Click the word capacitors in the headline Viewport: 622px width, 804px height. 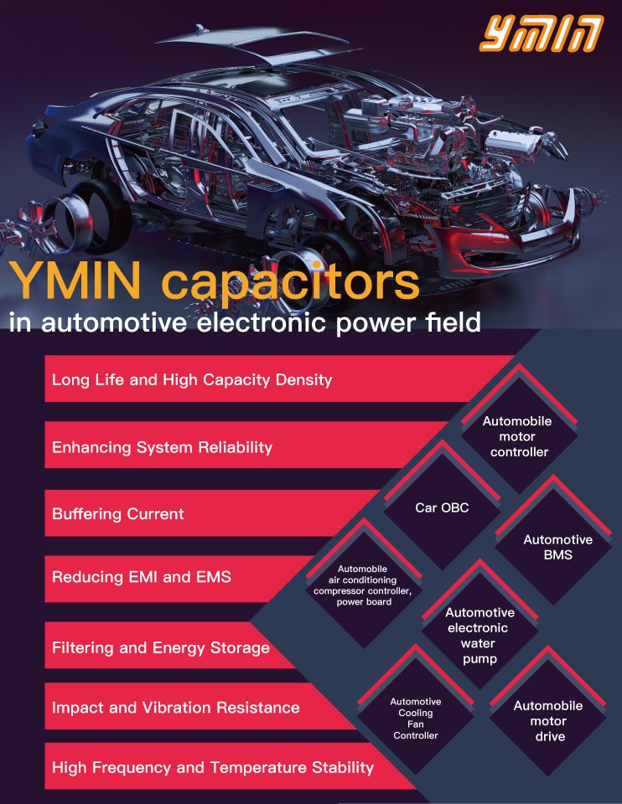pyautogui.click(x=289, y=284)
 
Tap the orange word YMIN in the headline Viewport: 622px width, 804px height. pyautogui.click(x=80, y=284)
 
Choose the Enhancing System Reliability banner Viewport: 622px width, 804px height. pyautogui.click(x=163, y=447)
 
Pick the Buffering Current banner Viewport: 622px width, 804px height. pyautogui.click(x=118, y=513)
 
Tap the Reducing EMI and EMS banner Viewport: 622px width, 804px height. pyautogui.click(x=142, y=577)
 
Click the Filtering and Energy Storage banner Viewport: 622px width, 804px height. pyautogui.click(x=161, y=647)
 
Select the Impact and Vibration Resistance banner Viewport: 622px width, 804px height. pyautogui.click(x=175, y=708)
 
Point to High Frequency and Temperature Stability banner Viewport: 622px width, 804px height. pyautogui.click(x=213, y=767)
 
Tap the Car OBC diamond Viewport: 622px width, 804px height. pyautogui.click(x=442, y=508)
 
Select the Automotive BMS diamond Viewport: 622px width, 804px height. pyautogui.click(x=557, y=547)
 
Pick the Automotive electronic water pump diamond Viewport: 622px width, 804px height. pyautogui.click(x=479, y=636)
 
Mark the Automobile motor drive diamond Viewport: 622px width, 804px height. pyautogui.click(x=549, y=721)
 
